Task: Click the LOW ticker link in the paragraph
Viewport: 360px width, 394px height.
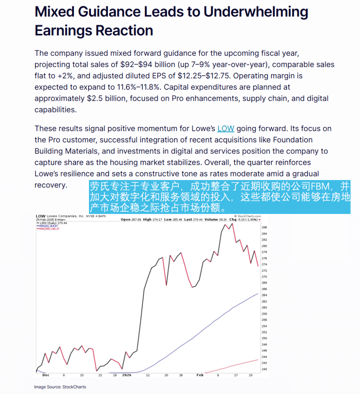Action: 226,129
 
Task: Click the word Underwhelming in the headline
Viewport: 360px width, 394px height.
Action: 256,12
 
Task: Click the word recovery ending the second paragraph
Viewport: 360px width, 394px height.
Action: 51,185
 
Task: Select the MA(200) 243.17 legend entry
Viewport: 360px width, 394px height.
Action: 48,229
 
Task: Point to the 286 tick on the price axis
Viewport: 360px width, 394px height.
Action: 264,227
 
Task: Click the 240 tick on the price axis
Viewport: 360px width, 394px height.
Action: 264,369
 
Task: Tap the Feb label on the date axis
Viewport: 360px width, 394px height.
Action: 200,375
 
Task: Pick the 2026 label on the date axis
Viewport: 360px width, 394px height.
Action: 127,375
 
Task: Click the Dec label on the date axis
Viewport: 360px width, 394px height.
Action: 46,375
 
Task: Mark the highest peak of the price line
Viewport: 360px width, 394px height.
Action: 231,224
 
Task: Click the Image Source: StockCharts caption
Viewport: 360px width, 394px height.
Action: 60,387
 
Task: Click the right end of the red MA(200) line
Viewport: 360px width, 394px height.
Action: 258,360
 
